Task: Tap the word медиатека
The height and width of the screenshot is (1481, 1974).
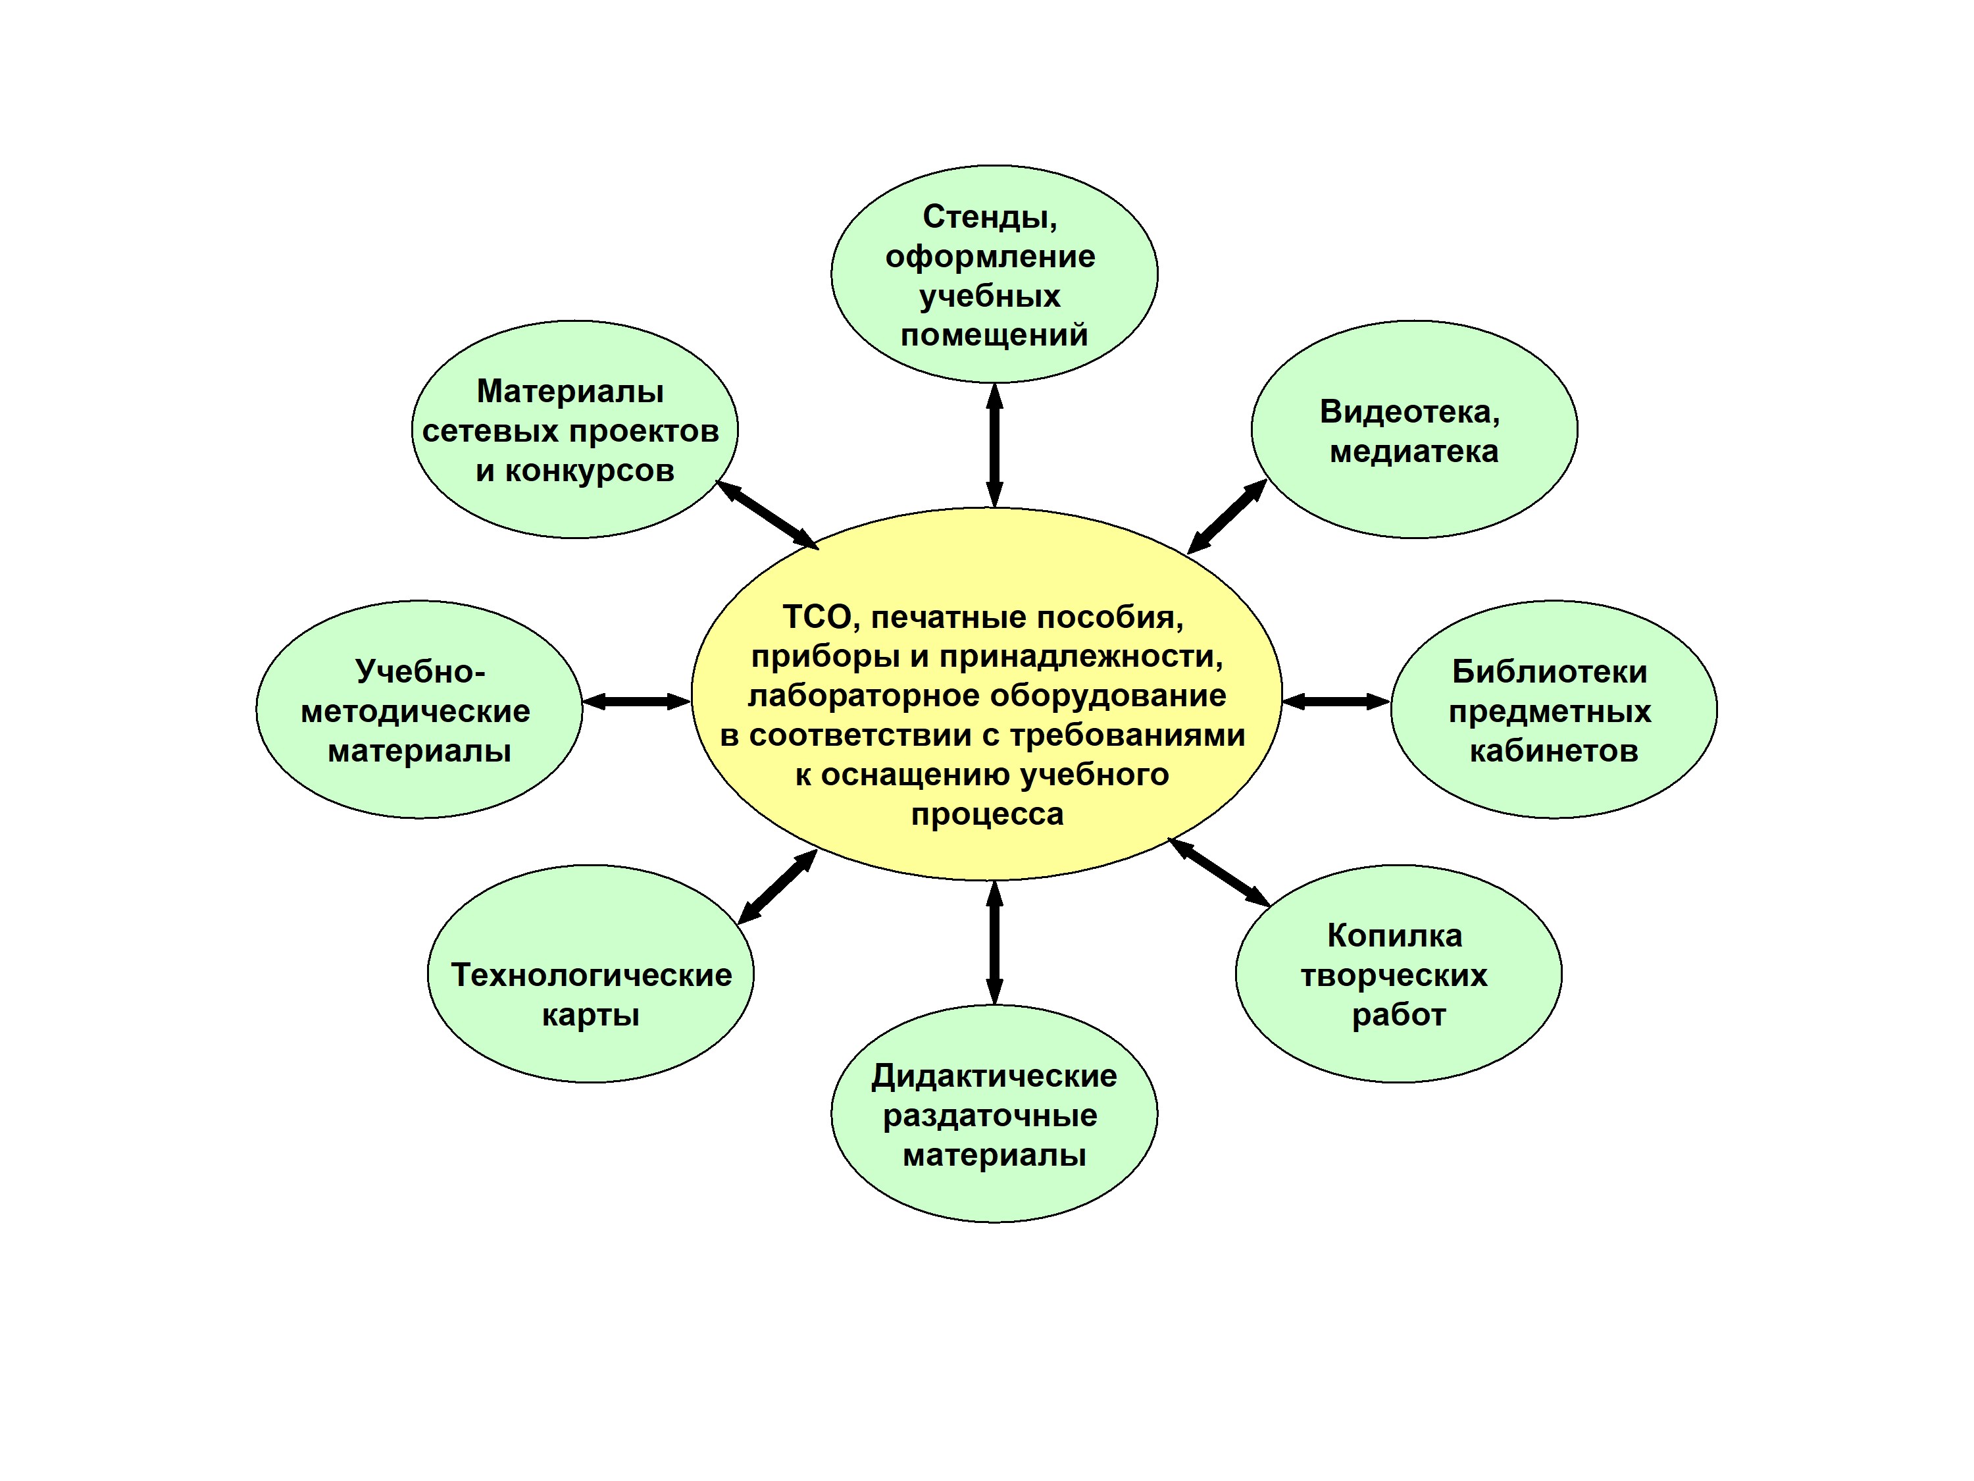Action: [x=1413, y=452]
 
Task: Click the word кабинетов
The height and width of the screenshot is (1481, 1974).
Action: [x=1554, y=751]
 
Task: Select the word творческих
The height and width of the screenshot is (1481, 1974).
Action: [x=1394, y=975]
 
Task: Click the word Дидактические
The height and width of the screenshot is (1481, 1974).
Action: [x=994, y=1076]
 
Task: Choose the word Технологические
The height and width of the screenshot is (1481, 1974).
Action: [x=591, y=975]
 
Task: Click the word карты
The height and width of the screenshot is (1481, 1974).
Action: [x=591, y=1016]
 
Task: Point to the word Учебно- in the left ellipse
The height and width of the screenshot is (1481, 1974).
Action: [x=419, y=671]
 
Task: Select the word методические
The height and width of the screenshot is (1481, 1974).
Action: [x=416, y=712]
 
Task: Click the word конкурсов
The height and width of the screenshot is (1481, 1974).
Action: [x=590, y=471]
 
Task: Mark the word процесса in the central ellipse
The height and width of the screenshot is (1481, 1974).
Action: [x=987, y=815]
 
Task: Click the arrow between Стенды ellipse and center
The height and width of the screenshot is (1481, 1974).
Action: [x=994, y=446]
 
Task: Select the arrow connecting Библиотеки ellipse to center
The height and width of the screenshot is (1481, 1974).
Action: [x=1336, y=702]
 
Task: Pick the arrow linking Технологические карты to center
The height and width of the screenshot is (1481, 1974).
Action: [x=777, y=887]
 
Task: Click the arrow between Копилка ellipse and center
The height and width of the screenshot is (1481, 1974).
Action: [x=1219, y=872]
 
